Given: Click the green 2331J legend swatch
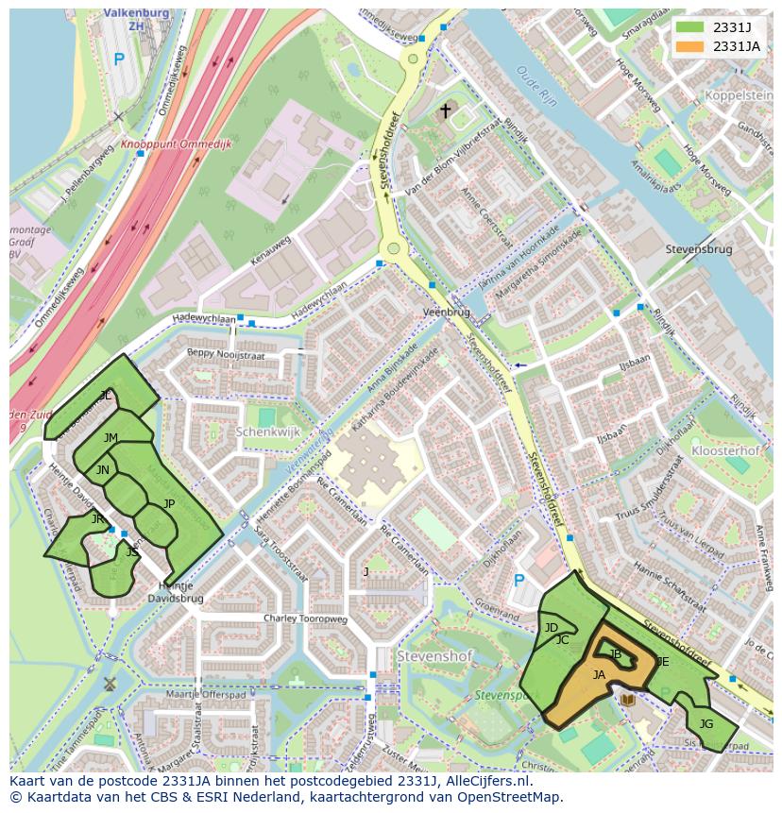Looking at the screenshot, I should coord(690,27).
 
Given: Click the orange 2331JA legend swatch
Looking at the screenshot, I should coord(690,46).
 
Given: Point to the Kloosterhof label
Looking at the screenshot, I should coord(724,451).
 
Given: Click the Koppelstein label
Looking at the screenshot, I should coord(739,96).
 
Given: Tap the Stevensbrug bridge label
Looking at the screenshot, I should coord(698,250).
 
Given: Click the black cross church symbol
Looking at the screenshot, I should coord(445,111).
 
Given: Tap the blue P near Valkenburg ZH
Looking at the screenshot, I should coord(118,59).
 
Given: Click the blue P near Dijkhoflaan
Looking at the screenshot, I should coord(518,580).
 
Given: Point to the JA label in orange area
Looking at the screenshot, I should coord(599,674).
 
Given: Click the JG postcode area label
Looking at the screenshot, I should coord(705,724).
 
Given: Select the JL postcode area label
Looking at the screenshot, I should coord(106,396).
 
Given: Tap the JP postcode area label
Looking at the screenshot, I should coord(169,503).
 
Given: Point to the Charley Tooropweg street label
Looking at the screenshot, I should coord(305,619).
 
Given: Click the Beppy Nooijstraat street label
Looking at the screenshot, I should coord(226,355).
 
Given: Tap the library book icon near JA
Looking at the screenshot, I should coord(628,700).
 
